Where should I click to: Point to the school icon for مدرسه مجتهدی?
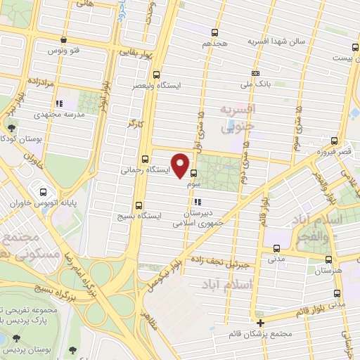pos(59,103)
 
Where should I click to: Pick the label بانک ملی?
pos(256,84)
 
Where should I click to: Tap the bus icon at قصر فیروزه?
pos(335,140)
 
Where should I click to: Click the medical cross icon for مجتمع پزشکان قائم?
pos(260,323)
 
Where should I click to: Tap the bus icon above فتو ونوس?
pos(65,40)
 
